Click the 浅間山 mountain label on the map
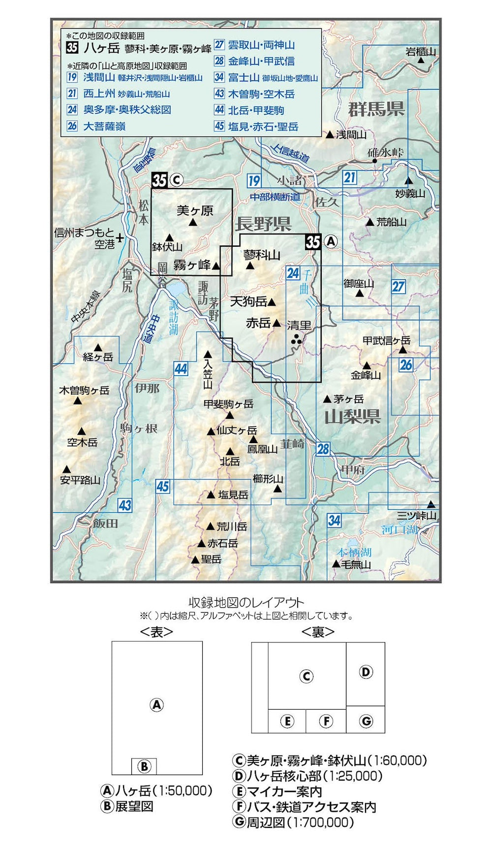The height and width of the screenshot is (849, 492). (x=351, y=134)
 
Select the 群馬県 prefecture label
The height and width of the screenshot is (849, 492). (x=376, y=109)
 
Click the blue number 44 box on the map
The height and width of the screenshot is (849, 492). (x=181, y=368)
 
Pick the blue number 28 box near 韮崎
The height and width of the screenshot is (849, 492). (x=323, y=449)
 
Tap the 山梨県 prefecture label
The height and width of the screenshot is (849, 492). (x=352, y=417)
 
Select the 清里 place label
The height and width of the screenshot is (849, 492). (x=299, y=325)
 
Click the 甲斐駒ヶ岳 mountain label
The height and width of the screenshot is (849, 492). (x=228, y=404)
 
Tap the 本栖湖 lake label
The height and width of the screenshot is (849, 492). (x=354, y=553)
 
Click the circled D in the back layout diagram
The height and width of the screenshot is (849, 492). (x=366, y=672)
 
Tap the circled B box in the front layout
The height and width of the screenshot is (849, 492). (x=144, y=766)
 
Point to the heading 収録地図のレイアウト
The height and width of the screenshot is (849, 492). (x=246, y=602)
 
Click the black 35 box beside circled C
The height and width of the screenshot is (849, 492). (x=159, y=180)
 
